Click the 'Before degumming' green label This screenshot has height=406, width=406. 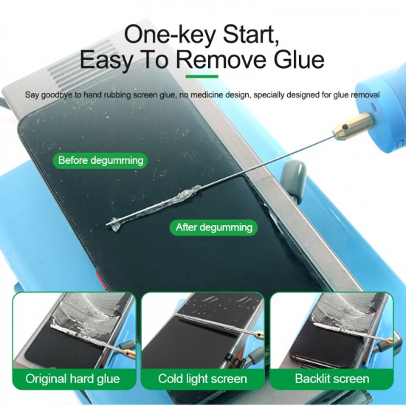(100, 160)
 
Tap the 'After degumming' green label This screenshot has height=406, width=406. (213, 227)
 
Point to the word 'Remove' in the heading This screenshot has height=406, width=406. (221, 60)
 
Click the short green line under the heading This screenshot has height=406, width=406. (202, 76)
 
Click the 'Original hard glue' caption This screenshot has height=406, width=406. (73, 379)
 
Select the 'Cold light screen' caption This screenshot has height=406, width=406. (202, 379)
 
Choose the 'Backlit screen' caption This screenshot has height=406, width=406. (332, 379)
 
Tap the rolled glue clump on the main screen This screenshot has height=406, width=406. (154, 207)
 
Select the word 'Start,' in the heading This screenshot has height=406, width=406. (251, 35)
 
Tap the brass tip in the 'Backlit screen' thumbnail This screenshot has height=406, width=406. (388, 340)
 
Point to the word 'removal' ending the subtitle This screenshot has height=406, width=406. (365, 94)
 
